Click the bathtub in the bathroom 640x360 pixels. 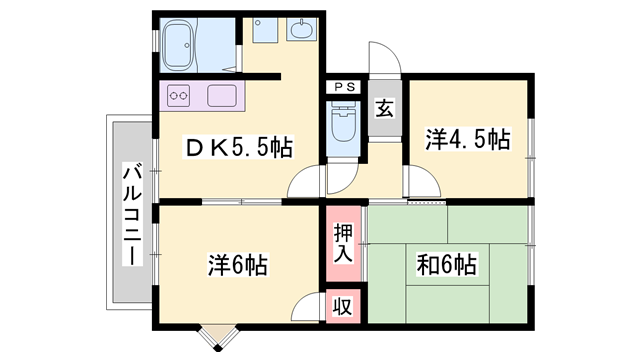pyautogui.click(x=178, y=44)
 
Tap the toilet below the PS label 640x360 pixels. pyautogui.click(x=343, y=121)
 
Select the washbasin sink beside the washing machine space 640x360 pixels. pyautogui.click(x=302, y=29)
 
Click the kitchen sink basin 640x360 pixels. pyautogui.click(x=222, y=96)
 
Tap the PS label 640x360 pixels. pyautogui.click(x=344, y=87)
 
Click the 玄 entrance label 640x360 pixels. pyautogui.click(x=385, y=108)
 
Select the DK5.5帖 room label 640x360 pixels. pyautogui.click(x=239, y=148)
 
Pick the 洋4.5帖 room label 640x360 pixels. pyautogui.click(x=468, y=140)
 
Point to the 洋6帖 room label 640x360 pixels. pyautogui.click(x=238, y=265)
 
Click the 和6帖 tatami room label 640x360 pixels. pyautogui.click(x=447, y=265)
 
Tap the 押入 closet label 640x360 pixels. pyautogui.click(x=343, y=243)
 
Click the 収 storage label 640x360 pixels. pyautogui.click(x=343, y=306)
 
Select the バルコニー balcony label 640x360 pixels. pyautogui.click(x=132, y=215)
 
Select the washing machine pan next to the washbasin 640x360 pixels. pyautogui.click(x=265, y=29)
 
